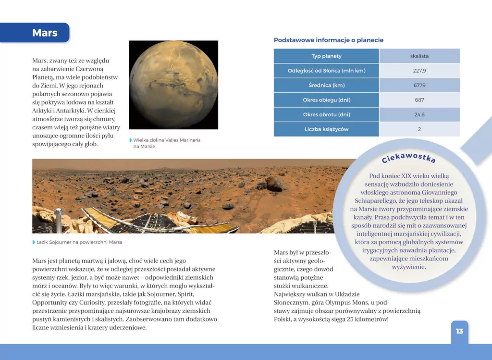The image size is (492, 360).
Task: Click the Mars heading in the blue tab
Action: click(45, 33)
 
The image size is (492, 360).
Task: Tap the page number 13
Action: click(459, 331)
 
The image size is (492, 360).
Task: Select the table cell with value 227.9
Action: click(419, 71)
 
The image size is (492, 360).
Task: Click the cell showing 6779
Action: click(419, 86)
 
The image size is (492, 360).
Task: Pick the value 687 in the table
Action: click(419, 100)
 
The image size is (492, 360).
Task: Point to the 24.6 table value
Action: click(419, 115)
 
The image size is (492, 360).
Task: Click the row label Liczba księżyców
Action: click(326, 129)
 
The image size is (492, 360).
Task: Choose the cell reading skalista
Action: click(419, 56)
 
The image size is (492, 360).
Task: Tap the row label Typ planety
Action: click(326, 56)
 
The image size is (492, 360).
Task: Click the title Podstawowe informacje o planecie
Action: click(328, 40)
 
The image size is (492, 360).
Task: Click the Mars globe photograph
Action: click(173, 85)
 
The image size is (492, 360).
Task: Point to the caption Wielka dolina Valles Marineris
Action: click(166, 140)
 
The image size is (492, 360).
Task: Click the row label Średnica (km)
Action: click(326, 86)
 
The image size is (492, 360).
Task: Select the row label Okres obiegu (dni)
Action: click(326, 100)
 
